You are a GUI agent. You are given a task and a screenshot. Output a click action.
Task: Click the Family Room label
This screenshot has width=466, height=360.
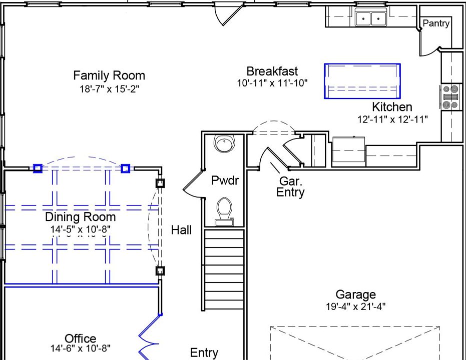[x=109, y=75]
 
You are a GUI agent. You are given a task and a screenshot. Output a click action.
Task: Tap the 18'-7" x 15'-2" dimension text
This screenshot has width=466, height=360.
[x=109, y=88]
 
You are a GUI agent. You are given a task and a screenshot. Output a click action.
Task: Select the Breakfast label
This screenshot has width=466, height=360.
[x=272, y=71]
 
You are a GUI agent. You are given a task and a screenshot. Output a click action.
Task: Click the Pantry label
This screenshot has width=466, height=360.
[x=436, y=23]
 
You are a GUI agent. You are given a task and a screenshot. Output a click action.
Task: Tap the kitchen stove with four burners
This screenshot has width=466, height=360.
[x=450, y=97]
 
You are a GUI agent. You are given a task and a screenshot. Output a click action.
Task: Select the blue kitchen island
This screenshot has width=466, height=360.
[x=362, y=81]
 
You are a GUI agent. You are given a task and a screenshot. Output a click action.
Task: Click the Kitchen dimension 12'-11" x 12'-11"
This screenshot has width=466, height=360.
[x=392, y=119]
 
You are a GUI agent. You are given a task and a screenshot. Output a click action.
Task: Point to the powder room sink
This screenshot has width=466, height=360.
[x=224, y=143]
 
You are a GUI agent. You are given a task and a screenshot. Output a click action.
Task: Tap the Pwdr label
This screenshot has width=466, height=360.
[x=225, y=180]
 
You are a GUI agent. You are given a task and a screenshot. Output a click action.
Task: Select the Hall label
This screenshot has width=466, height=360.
[x=181, y=230]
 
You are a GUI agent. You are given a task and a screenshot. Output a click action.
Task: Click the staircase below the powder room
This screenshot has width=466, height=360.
[x=224, y=269]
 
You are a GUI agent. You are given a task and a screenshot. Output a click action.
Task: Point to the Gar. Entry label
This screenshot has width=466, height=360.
[x=290, y=186]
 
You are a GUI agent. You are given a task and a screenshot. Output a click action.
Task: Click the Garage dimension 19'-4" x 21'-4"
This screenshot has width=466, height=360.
[x=356, y=306]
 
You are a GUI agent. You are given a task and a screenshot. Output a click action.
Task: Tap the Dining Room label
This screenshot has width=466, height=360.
[x=80, y=217]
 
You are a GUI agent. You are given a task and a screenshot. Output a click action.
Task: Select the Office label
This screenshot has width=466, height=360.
[x=80, y=338]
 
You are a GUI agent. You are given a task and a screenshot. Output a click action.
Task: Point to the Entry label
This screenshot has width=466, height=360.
[x=204, y=352]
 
